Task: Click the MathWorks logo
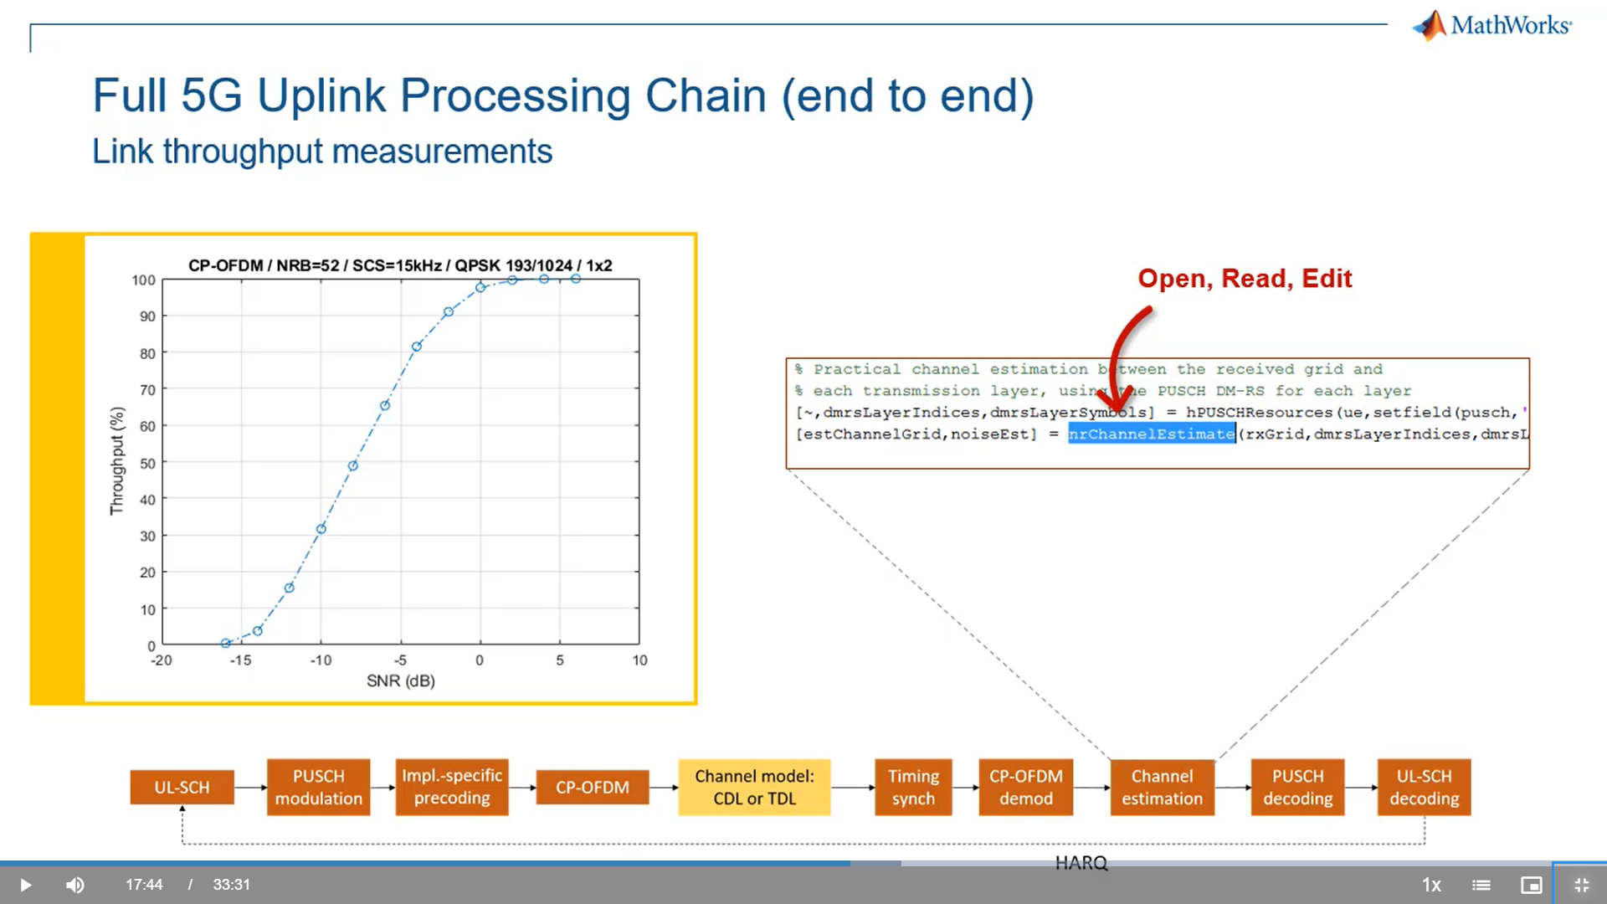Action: pos(1491,25)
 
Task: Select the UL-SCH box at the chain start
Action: pos(182,788)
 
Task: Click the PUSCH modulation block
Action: pos(318,788)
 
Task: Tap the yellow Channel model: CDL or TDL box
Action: pos(754,788)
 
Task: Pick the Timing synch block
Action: pos(913,788)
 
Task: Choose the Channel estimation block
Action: pos(1162,788)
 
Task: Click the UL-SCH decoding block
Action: pos(1424,788)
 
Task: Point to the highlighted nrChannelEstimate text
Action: pos(1151,434)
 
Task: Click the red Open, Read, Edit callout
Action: pos(1245,279)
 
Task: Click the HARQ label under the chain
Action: pos(1081,863)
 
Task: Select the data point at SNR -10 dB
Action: pos(321,529)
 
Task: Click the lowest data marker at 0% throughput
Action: pos(225,643)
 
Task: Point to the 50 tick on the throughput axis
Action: pos(147,463)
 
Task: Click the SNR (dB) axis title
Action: pos(400,681)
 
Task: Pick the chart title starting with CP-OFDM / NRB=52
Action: pos(400,265)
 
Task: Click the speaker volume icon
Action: pos(75,885)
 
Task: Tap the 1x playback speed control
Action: pos(1431,885)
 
